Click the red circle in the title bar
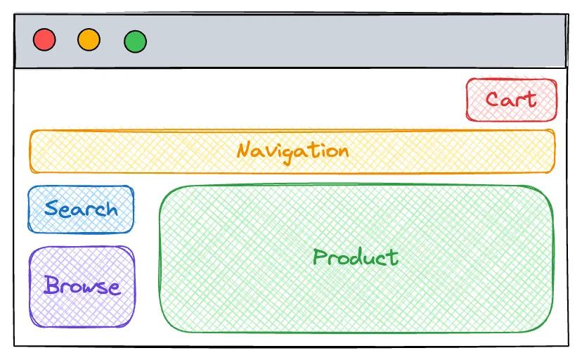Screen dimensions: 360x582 click(44, 39)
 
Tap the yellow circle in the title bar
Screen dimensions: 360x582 click(89, 39)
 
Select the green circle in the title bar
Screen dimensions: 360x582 click(135, 41)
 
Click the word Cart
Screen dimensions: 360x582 click(511, 99)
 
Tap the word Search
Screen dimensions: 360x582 click(81, 209)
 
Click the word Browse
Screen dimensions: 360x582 click(82, 285)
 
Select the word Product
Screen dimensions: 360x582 click(356, 257)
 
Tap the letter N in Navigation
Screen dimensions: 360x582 click(244, 150)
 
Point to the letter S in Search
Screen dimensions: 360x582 click(51, 209)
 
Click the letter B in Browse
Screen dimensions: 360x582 click(51, 285)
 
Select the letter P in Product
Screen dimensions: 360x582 click(320, 257)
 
